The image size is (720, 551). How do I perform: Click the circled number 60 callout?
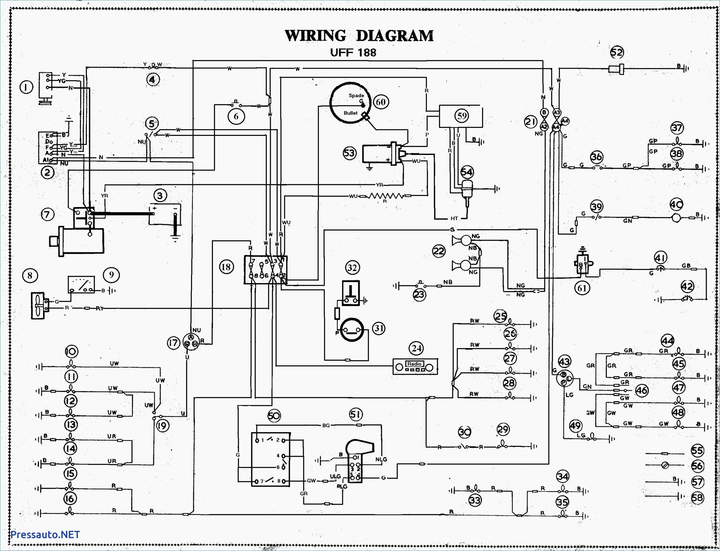[x=380, y=102]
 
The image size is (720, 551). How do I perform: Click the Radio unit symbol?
[x=415, y=367]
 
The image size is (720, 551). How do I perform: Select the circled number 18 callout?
[x=226, y=267]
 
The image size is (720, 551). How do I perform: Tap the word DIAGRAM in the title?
[x=395, y=36]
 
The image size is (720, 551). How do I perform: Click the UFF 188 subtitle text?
[x=353, y=53]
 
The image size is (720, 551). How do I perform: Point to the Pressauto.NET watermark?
[x=45, y=534]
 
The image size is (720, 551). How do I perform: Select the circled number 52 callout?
[x=617, y=52]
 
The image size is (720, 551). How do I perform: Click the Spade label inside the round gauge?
[x=356, y=95]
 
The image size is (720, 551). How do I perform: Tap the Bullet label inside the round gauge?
[x=350, y=113]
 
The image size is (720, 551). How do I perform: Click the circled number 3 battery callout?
[x=160, y=196]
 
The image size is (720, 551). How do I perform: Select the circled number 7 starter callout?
[x=47, y=215]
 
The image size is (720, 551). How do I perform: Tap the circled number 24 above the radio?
[x=417, y=348]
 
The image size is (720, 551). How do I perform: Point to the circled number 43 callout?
[x=564, y=362]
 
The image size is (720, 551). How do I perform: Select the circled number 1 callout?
[x=26, y=87]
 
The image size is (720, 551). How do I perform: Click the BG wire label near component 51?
[x=326, y=425]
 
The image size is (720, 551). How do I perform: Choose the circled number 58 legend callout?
[x=697, y=498]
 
